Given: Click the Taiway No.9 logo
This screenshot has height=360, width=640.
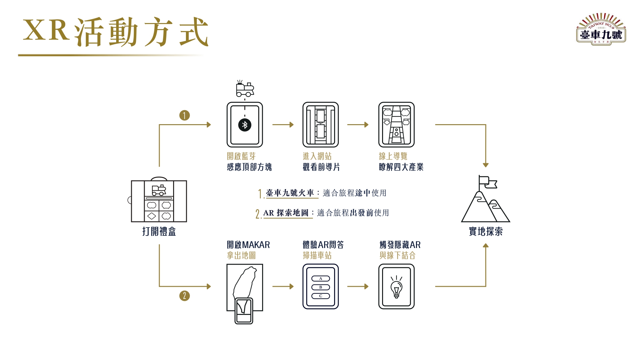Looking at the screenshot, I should pos(601,29).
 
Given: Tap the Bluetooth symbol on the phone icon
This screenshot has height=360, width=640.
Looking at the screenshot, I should pos(245,125).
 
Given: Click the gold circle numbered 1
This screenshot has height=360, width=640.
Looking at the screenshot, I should pos(184,115).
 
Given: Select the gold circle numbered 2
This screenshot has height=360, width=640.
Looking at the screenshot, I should pos(184,296).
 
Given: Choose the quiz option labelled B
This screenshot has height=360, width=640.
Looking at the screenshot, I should pos(321,287).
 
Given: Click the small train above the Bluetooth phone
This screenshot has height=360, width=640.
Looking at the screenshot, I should pos(245,89).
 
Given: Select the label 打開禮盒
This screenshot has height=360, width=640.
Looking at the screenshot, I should pos(159,231).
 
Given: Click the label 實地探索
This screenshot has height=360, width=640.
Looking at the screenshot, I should pos(485,231).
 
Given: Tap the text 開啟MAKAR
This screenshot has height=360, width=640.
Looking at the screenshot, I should pos(248,245).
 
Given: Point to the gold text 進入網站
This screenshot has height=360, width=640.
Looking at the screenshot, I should pos(317,156).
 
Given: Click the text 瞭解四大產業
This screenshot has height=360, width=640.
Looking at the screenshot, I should pos(401,167).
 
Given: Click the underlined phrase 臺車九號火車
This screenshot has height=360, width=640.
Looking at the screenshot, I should pos(290,193).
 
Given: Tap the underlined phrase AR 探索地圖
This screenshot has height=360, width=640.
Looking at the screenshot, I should pos(286,213).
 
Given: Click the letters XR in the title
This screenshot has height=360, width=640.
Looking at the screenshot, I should pos(46,30).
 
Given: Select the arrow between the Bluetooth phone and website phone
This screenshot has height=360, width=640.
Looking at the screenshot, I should pos(283,125).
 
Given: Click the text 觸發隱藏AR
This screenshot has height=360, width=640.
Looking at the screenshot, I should pos(400,245).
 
